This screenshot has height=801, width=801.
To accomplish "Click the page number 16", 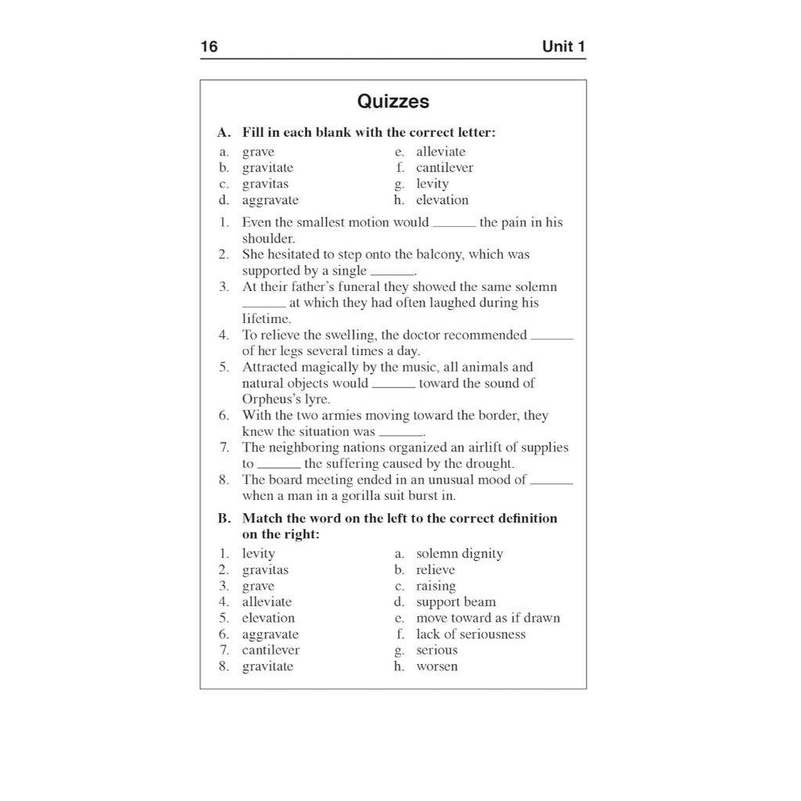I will pyautogui.click(x=209, y=47).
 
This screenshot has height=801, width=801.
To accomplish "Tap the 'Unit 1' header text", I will pyautogui.click(x=563, y=47).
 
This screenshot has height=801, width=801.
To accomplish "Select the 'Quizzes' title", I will pyautogui.click(x=393, y=102).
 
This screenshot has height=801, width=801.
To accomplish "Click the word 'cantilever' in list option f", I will pyautogui.click(x=444, y=167).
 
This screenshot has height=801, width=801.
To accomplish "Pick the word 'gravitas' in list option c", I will pyautogui.click(x=265, y=184).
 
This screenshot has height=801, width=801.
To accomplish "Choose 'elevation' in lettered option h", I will pyautogui.click(x=442, y=199).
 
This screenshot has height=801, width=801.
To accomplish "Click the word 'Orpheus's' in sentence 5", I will pyautogui.click(x=271, y=399).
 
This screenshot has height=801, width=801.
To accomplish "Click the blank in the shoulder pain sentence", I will pyautogui.click(x=454, y=224).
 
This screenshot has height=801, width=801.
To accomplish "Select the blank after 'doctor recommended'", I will pyautogui.click(x=551, y=336).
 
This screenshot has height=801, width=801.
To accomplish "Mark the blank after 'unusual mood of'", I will pyautogui.click(x=551, y=481).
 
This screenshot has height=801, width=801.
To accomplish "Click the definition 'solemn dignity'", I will pyautogui.click(x=459, y=554).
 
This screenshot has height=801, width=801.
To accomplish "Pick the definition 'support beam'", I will pyautogui.click(x=456, y=602).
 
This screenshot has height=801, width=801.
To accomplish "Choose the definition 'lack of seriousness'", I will pyautogui.click(x=470, y=634).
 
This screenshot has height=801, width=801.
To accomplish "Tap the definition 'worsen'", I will pyautogui.click(x=436, y=666).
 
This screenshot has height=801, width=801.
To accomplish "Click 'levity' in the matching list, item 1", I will pyautogui.click(x=258, y=554).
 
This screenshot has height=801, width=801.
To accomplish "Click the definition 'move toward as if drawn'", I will pyautogui.click(x=487, y=618).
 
